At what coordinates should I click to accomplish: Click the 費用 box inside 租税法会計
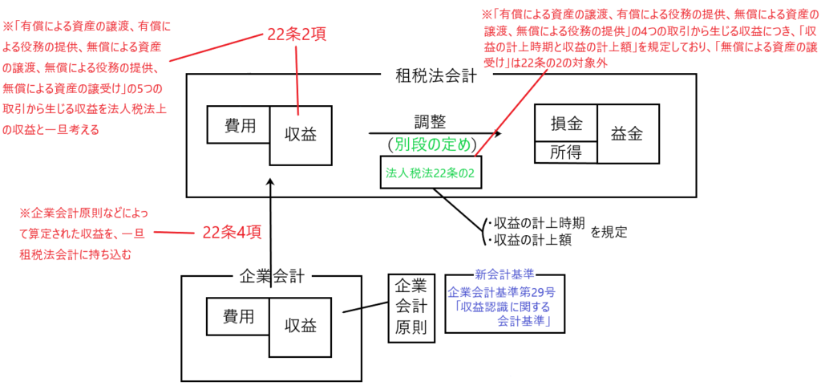pyautogui.click(x=238, y=125)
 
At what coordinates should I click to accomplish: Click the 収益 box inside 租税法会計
pyautogui.click(x=300, y=135)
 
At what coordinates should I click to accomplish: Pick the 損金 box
pyautogui.click(x=566, y=125)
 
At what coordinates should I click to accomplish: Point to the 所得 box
pyautogui.click(x=566, y=152)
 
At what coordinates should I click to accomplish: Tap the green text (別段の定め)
pyautogui.click(x=431, y=145)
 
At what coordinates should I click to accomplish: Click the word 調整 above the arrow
pyautogui.click(x=431, y=122)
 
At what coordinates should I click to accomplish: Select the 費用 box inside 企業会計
pyautogui.click(x=238, y=316)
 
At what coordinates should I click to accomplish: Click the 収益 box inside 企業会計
pyautogui.click(x=300, y=326)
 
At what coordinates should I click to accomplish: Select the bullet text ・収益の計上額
pyautogui.click(x=525, y=238)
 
